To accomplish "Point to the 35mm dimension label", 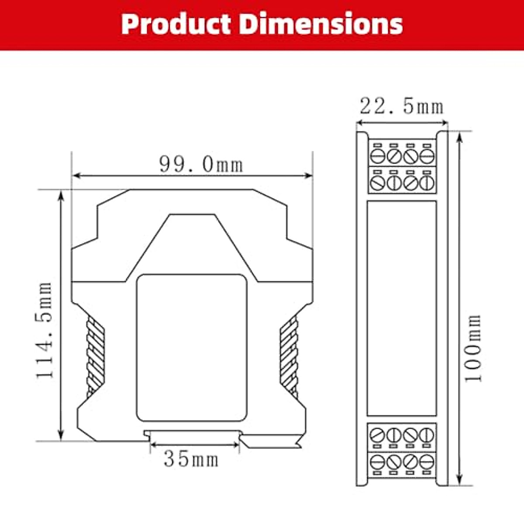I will coord(191,459).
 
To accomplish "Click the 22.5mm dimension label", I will coord(401,107).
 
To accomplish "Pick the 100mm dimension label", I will coord(472,348).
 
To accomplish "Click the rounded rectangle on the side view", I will coord(192,348).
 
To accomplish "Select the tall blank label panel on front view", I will coord(401,308).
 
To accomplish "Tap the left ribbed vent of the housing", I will coord(96,356).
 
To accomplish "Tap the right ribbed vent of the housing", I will coord(289,356).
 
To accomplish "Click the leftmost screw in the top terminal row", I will coord(377,156).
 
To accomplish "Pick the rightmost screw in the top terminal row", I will coord(426,156).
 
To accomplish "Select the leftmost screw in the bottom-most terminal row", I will coord(377,461).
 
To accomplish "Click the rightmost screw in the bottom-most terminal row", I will coord(426,461).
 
